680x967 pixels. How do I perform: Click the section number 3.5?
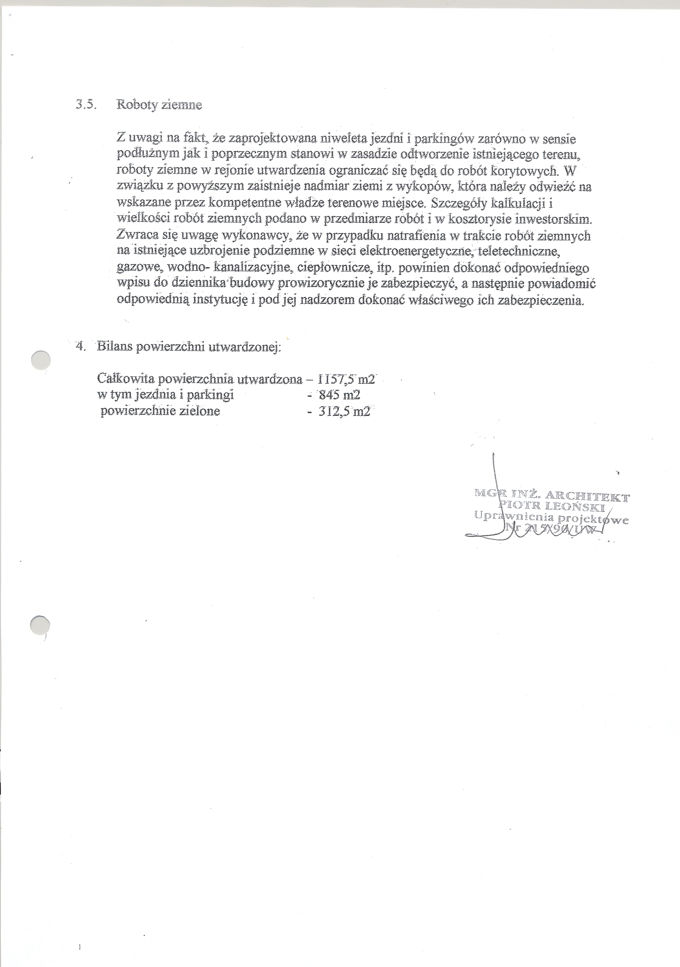pyautogui.click(x=86, y=105)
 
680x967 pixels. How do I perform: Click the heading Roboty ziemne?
pyautogui.click(x=159, y=105)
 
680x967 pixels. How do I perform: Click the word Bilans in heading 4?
pyautogui.click(x=113, y=346)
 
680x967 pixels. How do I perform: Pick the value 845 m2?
pyautogui.click(x=340, y=395)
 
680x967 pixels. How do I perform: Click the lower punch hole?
pyautogui.click(x=40, y=626)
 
